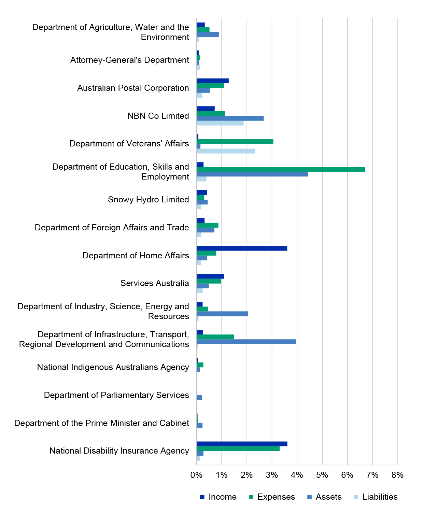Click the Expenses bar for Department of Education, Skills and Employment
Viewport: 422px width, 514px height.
click(281, 169)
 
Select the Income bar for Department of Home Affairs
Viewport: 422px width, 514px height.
click(242, 248)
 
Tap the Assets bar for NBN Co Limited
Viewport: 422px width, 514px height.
click(230, 118)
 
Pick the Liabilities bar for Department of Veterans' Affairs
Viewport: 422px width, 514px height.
click(226, 151)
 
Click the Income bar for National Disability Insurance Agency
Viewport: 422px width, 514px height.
click(242, 444)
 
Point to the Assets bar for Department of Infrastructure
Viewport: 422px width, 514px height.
click(246, 342)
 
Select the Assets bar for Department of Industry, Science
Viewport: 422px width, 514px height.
click(222, 314)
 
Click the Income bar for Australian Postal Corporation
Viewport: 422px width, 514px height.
click(213, 81)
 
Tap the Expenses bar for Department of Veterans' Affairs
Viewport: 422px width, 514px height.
click(235, 142)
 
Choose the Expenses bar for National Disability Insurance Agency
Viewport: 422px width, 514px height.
click(238, 449)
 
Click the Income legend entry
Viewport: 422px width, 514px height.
click(218, 497)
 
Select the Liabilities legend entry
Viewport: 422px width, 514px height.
click(376, 497)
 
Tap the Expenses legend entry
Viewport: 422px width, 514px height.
click(271, 497)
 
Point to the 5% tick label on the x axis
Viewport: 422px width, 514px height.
click(322, 475)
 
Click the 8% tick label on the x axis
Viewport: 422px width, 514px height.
click(397, 475)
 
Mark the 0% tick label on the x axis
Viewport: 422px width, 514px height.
click(197, 475)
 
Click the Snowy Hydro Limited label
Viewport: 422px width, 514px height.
click(149, 200)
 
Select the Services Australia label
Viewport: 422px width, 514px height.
click(155, 283)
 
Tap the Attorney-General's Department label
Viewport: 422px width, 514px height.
click(130, 60)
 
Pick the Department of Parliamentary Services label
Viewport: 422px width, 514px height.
click(116, 395)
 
